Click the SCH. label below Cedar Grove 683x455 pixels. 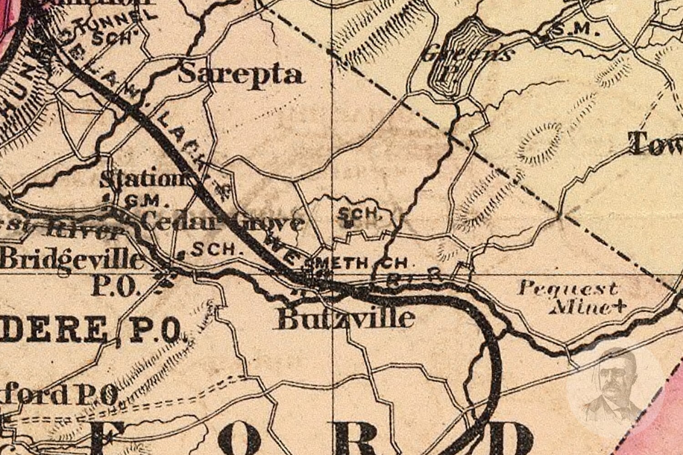[x=214, y=249]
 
